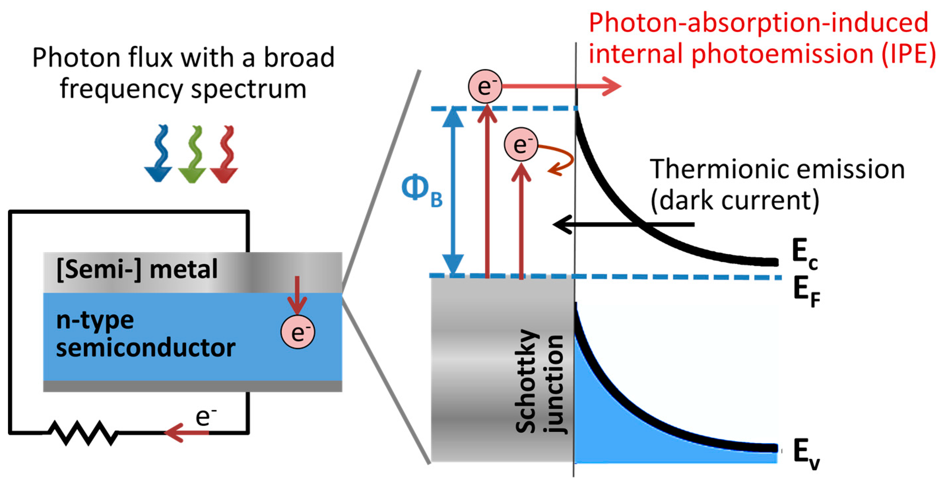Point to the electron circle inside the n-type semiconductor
(298, 332)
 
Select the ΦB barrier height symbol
(421, 191)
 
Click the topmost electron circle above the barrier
(485, 86)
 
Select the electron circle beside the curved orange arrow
(520, 144)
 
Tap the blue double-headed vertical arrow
(453, 191)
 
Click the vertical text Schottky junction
(539, 382)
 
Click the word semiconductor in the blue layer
(146, 348)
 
